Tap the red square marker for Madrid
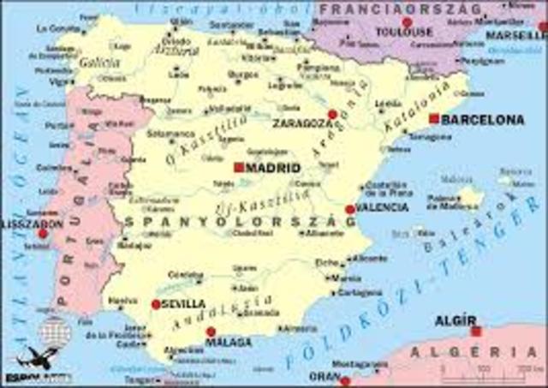tap(239, 168)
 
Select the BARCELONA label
tap(482, 119)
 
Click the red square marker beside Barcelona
tap(434, 118)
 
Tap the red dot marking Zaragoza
tap(332, 114)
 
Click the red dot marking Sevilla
tap(156, 304)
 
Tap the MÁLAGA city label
tap(229, 343)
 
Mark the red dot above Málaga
tap(211, 331)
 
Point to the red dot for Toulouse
tap(407, 22)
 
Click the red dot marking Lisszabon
tap(43, 233)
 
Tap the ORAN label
tap(325, 375)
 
